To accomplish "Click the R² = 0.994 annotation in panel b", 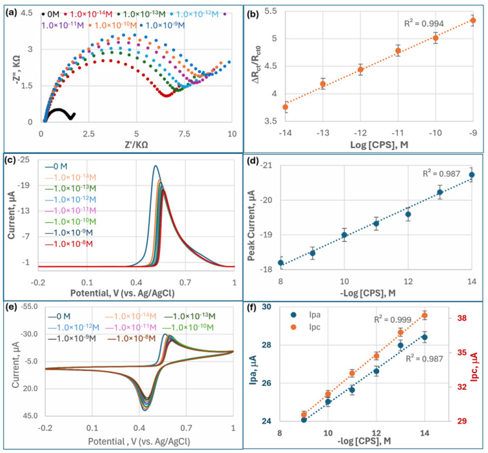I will (x=422, y=23).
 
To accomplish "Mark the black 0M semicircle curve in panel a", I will (x=59, y=111).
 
